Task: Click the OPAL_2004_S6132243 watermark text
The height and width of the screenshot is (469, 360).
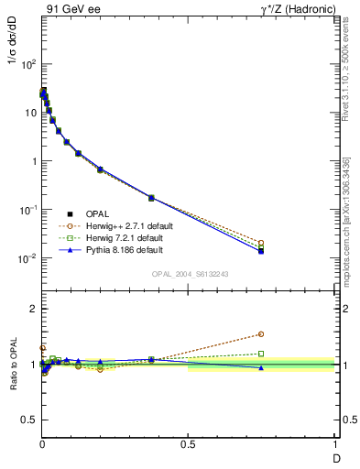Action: (190, 274)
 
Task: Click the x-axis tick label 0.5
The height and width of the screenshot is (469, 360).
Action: (188, 444)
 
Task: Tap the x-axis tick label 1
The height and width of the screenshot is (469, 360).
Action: (334, 444)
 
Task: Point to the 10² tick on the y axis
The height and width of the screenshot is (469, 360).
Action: (27, 64)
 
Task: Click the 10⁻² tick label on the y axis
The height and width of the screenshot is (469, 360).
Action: (27, 258)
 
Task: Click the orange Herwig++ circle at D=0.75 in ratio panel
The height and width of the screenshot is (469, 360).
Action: (261, 334)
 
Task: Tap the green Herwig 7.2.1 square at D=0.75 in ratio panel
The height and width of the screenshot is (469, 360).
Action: (261, 354)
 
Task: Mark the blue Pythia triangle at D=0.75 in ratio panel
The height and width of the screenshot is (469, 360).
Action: (261, 367)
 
